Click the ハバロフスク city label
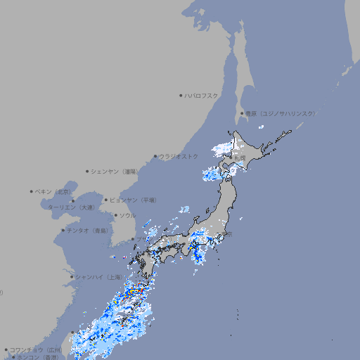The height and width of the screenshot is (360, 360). click(202, 95)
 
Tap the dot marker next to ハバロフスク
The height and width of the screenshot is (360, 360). click(181, 95)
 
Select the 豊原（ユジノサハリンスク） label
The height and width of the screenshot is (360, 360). click(281, 113)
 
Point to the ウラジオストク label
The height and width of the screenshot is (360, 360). click(179, 156)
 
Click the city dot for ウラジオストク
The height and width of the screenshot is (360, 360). click(155, 156)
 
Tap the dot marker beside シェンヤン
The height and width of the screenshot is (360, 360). click(88, 171)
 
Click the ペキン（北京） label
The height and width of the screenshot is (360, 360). click(54, 191)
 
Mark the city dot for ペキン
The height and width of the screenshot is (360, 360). click(32, 191)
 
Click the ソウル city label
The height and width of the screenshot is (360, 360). click(127, 215)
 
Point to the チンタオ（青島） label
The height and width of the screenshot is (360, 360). click(88, 231)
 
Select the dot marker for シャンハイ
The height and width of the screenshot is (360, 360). click(72, 276)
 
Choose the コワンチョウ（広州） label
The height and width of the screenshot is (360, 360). click(36, 349)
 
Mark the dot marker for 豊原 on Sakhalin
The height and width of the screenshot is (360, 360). click(242, 113)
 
